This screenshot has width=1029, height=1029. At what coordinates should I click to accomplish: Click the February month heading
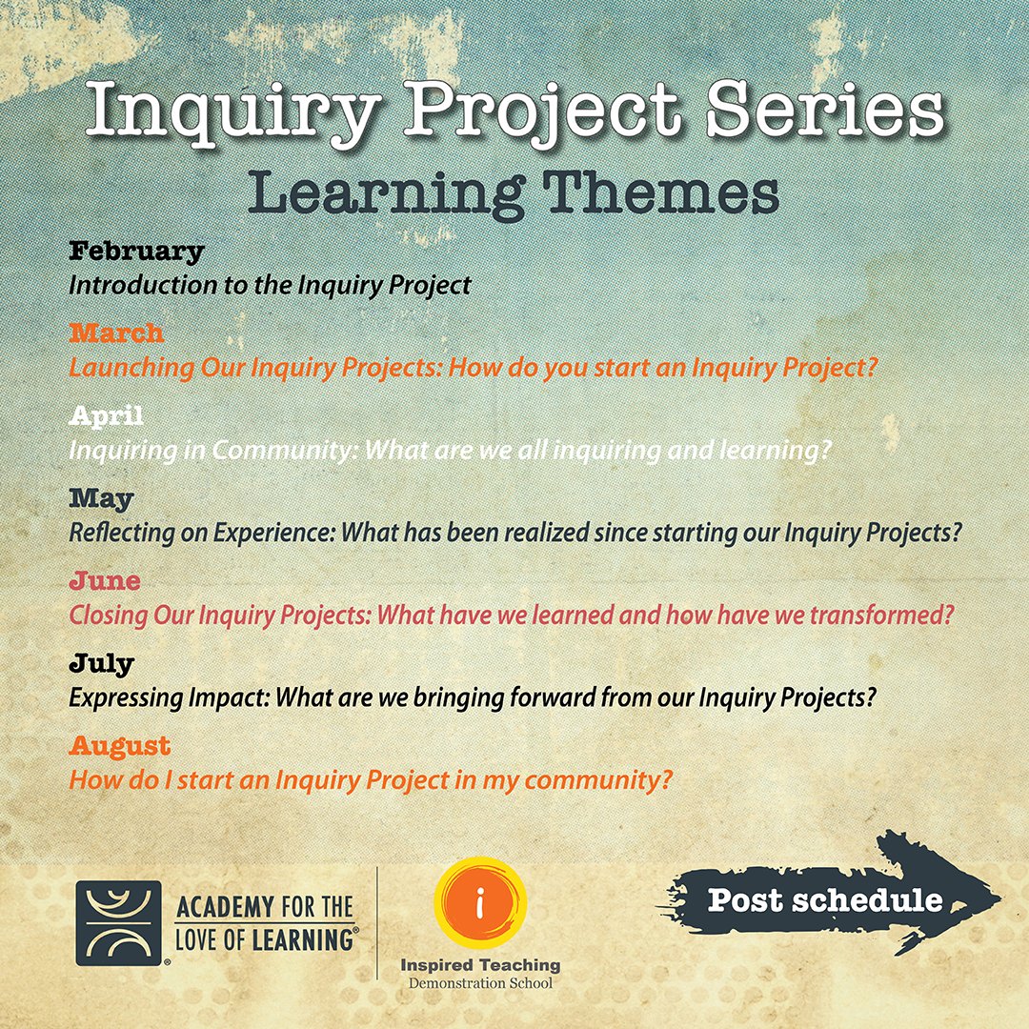[136, 252]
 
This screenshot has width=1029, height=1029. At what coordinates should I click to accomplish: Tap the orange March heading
[116, 333]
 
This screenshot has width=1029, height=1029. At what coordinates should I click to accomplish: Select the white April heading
[106, 416]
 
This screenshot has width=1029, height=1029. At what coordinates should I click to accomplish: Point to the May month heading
[101, 498]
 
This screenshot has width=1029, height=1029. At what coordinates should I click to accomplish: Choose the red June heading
[104, 581]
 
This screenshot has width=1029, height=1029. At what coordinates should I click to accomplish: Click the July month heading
[101, 663]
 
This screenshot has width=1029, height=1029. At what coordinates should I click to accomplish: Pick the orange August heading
[119, 745]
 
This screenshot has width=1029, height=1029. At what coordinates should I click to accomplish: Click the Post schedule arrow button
[825, 899]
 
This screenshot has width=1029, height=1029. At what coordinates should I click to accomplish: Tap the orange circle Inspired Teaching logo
[480, 904]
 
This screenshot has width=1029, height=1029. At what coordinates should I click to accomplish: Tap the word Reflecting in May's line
[118, 533]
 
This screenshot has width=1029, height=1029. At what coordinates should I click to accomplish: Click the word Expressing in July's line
[120, 697]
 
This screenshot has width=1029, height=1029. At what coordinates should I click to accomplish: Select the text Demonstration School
[480, 982]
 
